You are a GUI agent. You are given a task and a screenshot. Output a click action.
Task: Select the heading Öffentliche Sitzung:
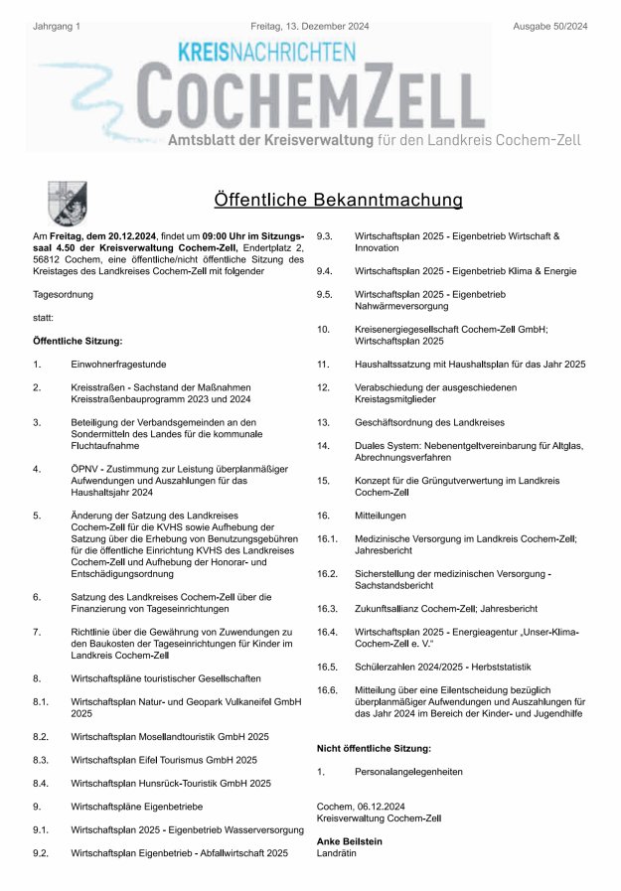[x=78, y=341]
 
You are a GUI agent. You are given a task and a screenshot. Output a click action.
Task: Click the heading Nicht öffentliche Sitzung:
[x=374, y=747]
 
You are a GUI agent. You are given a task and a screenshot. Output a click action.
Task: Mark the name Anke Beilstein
[x=349, y=841]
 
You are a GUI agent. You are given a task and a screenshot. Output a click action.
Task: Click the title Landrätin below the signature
[x=335, y=853]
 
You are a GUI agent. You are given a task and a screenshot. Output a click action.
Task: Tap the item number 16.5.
[x=327, y=666]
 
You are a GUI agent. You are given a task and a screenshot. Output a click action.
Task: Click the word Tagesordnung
[x=63, y=294]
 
